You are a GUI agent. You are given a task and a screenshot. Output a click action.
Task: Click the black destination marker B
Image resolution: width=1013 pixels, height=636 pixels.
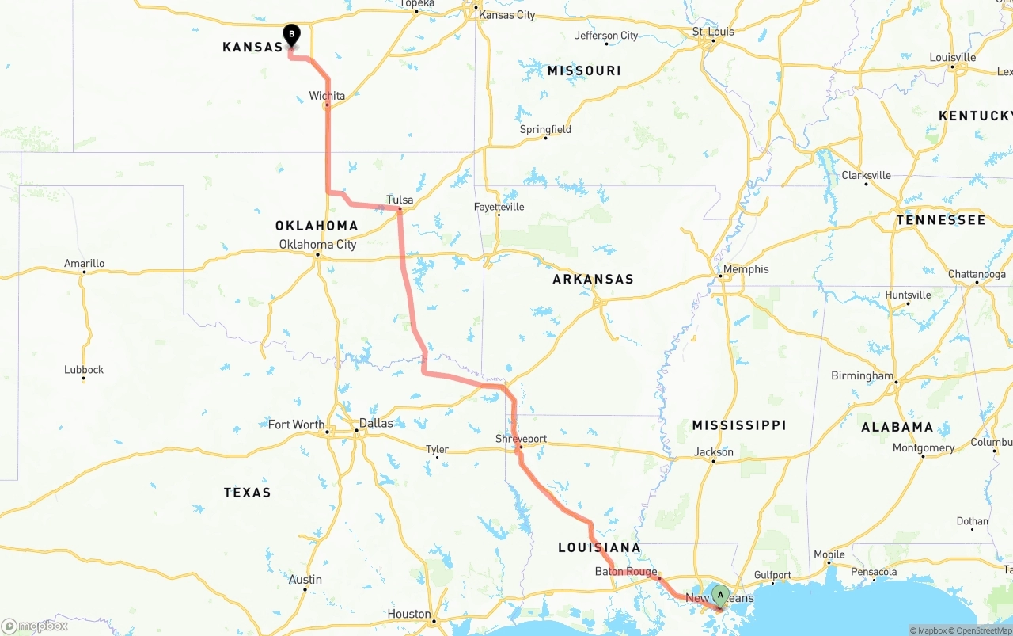tap(291, 34)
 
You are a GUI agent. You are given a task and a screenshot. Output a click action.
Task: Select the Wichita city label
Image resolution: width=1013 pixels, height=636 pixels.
tap(327, 96)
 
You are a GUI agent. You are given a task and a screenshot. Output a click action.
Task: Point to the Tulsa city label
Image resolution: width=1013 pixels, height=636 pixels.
tap(400, 200)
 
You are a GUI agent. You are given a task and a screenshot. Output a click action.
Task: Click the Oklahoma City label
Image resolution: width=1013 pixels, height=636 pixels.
tap(317, 244)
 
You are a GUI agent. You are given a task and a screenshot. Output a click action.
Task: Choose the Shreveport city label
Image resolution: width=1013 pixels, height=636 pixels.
tap(521, 439)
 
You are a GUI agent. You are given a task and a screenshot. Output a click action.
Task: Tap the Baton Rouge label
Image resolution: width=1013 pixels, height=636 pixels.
tap(626, 571)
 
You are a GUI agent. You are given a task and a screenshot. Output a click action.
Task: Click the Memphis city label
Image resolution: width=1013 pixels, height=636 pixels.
tap(746, 269)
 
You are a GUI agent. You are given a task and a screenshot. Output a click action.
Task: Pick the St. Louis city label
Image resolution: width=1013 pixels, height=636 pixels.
tap(713, 32)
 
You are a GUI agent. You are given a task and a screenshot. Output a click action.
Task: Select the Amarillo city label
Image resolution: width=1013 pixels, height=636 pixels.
tap(84, 264)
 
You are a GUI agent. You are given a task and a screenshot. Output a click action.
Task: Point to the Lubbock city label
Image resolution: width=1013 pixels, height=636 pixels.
tap(84, 370)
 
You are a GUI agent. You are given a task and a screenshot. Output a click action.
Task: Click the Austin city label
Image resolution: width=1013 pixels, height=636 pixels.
tap(305, 580)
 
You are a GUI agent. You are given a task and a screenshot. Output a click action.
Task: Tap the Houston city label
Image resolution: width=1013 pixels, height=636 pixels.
tap(409, 614)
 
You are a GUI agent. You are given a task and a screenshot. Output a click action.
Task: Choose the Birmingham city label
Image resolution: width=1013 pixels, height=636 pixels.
tap(862, 375)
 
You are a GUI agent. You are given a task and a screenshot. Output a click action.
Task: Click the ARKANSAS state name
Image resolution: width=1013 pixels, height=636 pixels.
tap(593, 279)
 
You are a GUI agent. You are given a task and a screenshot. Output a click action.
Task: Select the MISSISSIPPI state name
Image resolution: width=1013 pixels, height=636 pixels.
tap(739, 425)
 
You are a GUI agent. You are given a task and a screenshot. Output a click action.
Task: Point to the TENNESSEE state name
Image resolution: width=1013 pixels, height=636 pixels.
tap(941, 219)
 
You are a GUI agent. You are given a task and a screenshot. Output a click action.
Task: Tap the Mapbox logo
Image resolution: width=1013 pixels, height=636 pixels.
tap(35, 626)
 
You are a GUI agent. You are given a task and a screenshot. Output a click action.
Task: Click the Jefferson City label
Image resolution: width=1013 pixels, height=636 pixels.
tap(606, 36)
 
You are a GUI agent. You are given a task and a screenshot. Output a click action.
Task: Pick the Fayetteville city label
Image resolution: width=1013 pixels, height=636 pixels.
tap(499, 207)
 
